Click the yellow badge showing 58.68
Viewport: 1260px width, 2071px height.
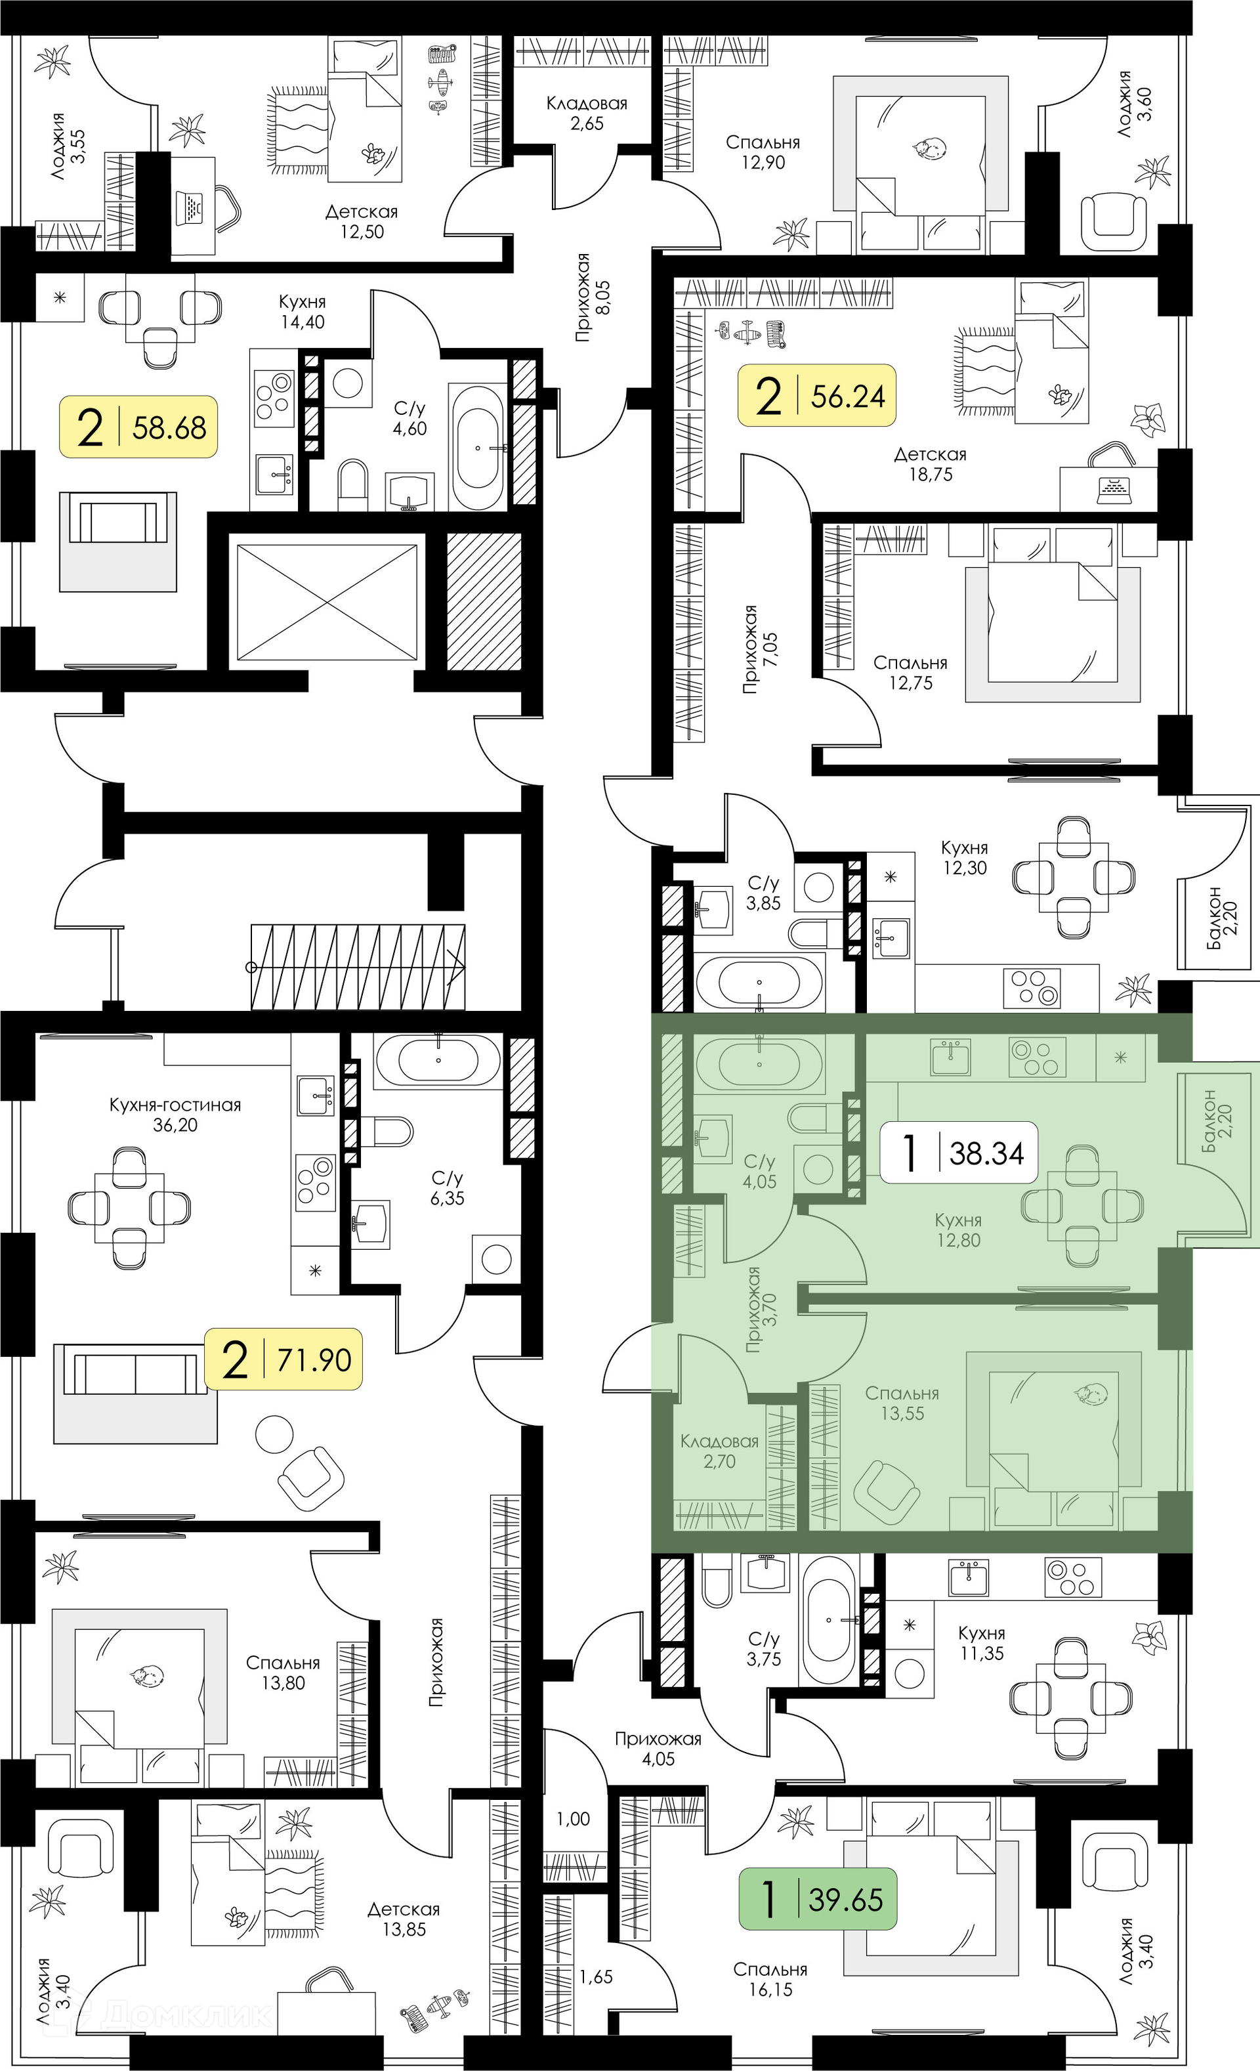tap(138, 427)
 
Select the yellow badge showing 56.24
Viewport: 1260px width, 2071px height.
tap(817, 395)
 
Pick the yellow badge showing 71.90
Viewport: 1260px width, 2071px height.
tap(283, 1359)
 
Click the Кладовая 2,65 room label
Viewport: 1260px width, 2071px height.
tap(587, 114)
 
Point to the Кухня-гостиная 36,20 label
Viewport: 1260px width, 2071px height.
tap(175, 1115)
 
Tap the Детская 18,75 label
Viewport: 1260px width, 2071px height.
tap(930, 464)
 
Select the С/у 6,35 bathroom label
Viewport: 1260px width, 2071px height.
tap(447, 1187)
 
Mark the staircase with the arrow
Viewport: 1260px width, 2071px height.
tap(358, 968)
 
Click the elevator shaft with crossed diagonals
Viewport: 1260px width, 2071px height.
tap(327, 602)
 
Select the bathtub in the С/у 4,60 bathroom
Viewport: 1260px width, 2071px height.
tap(478, 447)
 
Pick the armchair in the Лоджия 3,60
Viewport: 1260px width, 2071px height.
tap(1114, 217)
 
